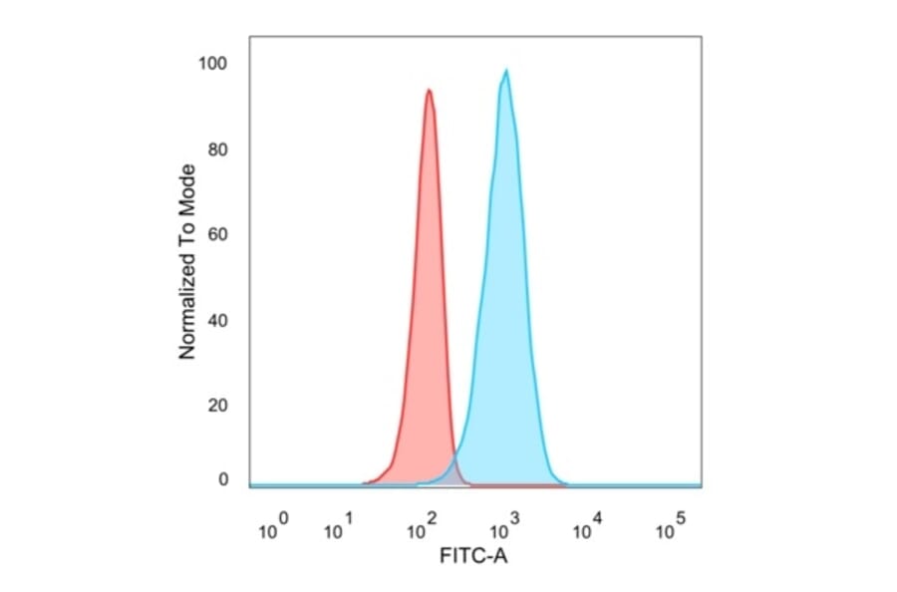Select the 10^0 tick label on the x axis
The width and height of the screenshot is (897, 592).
273,527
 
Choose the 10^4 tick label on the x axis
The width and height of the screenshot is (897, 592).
588,527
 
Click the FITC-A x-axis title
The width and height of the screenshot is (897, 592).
473,556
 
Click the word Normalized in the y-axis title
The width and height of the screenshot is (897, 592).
186,309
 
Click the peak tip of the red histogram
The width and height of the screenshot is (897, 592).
429,91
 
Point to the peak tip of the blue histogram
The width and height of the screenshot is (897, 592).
506,71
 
